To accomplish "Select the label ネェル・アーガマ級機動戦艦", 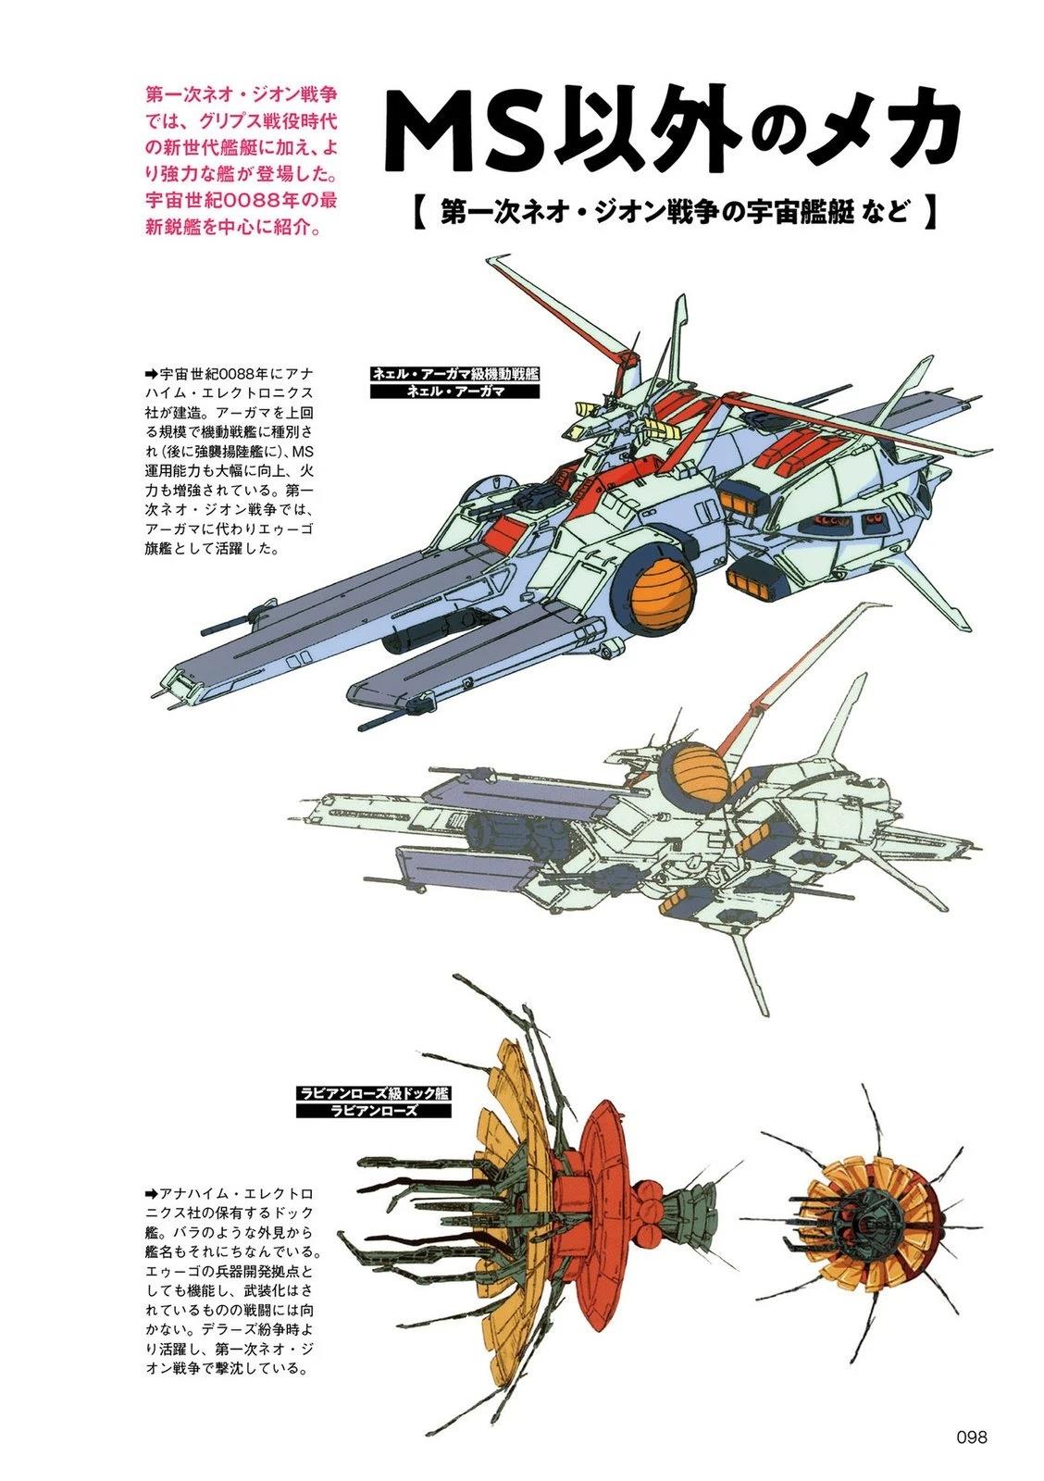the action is [454, 374].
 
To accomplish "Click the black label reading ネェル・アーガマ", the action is [454, 391].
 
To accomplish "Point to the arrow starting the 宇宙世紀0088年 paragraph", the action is [152, 374].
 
